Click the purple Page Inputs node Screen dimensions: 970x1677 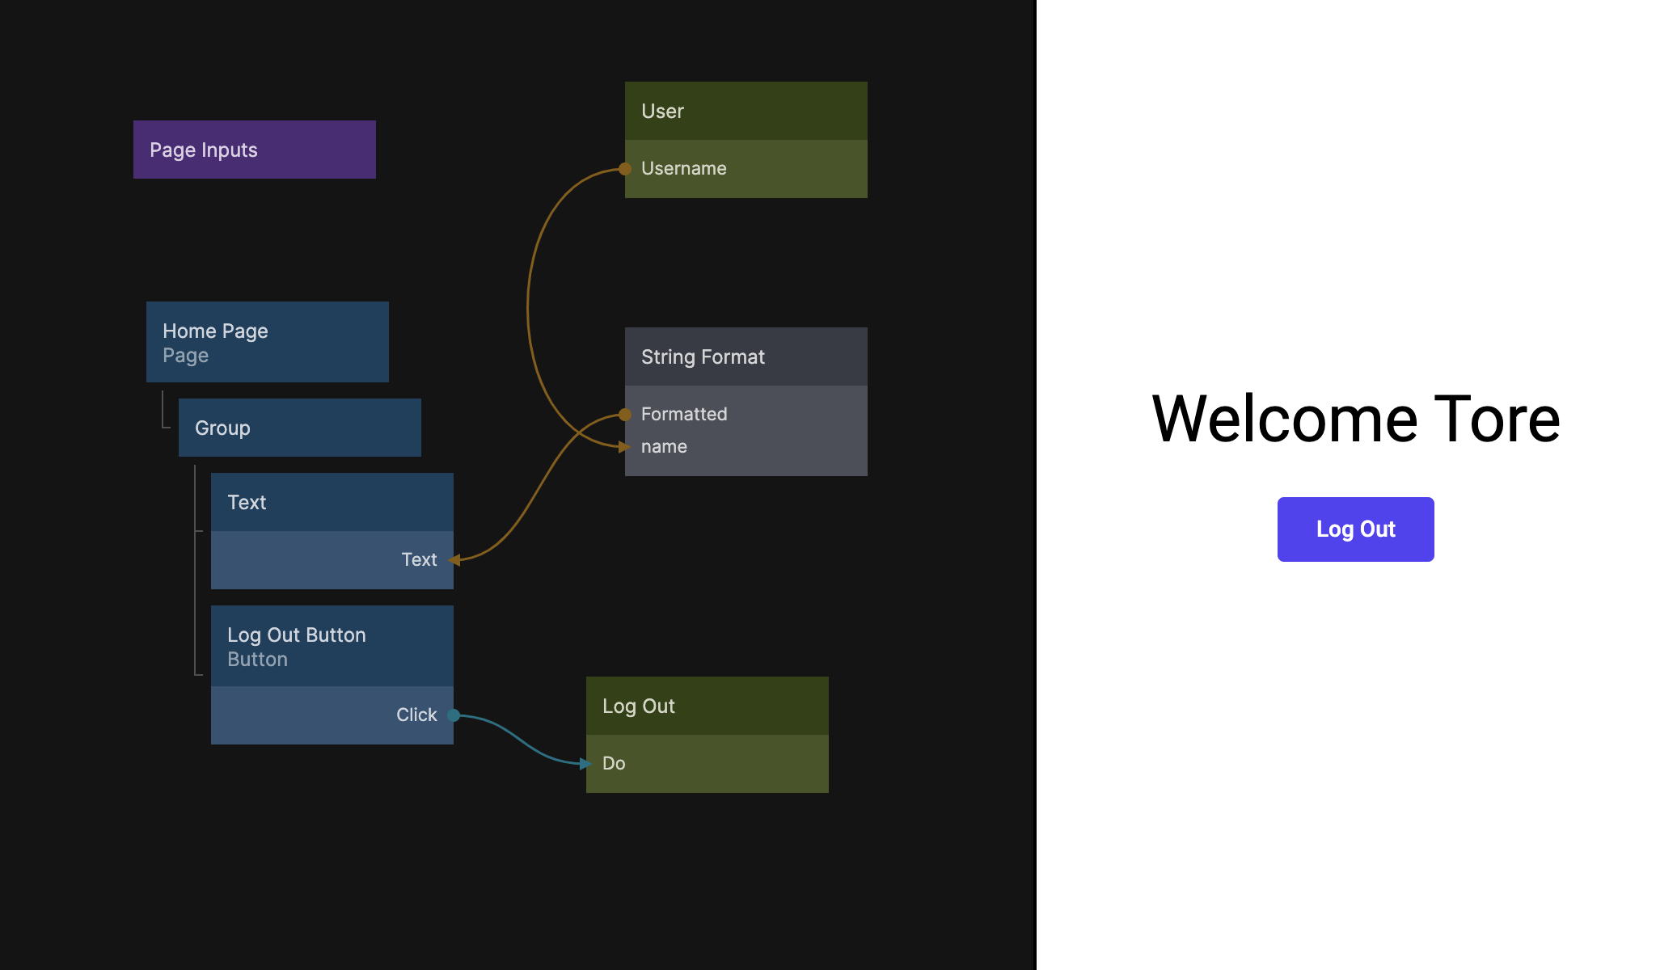click(x=254, y=150)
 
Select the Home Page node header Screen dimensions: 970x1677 click(x=267, y=342)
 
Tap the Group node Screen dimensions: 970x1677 click(x=299, y=428)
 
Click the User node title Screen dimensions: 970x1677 click(x=746, y=111)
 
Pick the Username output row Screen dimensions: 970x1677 click(x=746, y=169)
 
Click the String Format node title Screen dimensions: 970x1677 click(x=746, y=356)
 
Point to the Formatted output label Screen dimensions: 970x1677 click(x=684, y=415)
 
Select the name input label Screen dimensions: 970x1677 click(x=664, y=447)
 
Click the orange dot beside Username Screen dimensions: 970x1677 click(x=625, y=169)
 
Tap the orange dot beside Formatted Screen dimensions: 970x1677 click(x=625, y=415)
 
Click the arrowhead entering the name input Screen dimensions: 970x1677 click(x=623, y=447)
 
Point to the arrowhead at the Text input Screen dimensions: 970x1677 click(x=455, y=560)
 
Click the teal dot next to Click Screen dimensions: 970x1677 click(x=454, y=715)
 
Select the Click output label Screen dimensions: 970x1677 click(x=416, y=715)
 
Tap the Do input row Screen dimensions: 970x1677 click(x=707, y=764)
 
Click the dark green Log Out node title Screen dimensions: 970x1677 click(x=707, y=706)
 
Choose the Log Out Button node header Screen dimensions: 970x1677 click(x=332, y=646)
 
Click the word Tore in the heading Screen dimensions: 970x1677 click(x=1497, y=420)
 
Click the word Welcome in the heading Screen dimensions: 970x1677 click(x=1284, y=420)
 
